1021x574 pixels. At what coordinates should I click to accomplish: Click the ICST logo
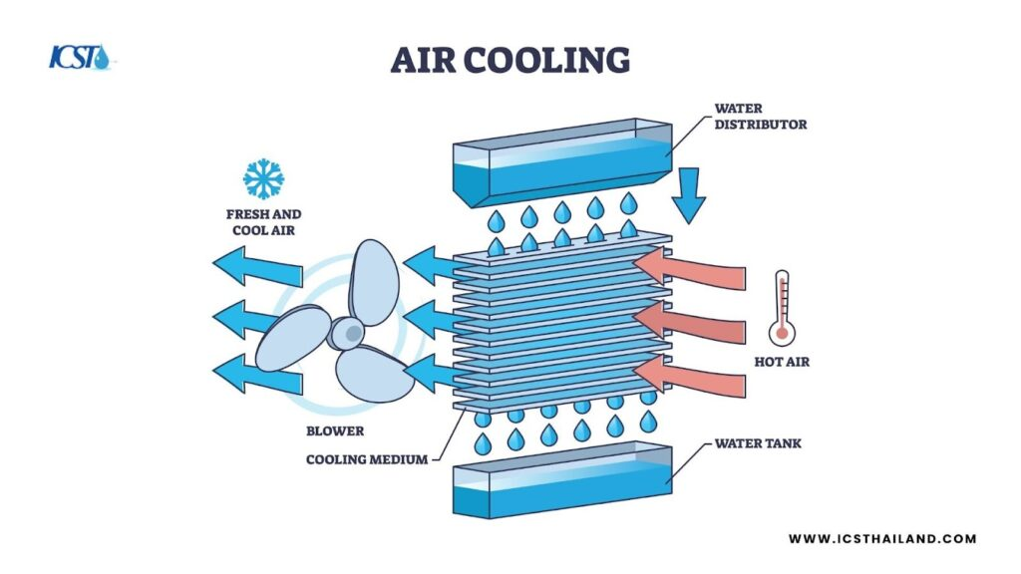click(x=82, y=57)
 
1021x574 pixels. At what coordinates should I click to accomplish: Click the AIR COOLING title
click(x=510, y=60)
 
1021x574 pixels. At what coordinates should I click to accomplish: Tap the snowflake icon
click(x=263, y=178)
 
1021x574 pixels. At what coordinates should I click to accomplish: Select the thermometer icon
click(x=782, y=309)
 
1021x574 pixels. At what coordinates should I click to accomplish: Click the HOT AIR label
click(x=783, y=362)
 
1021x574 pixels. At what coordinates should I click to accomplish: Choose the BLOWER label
click(x=335, y=431)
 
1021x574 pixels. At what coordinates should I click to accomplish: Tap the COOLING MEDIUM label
click(x=367, y=459)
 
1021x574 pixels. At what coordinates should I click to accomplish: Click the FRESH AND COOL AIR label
click(x=263, y=222)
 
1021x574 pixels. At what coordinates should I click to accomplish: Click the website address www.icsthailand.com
click(x=882, y=539)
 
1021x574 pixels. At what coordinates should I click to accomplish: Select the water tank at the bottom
click(x=562, y=484)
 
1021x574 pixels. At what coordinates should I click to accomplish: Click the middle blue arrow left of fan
click(x=257, y=319)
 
